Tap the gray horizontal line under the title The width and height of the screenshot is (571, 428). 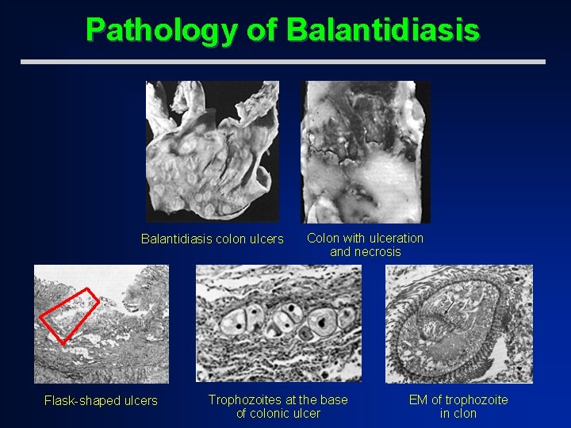282,61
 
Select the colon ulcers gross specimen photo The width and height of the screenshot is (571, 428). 213,151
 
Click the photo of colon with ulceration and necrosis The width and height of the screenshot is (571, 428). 365,151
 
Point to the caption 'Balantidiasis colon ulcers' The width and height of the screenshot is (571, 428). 212,239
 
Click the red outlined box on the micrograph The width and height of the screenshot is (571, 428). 69,315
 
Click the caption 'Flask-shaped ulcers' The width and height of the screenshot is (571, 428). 101,400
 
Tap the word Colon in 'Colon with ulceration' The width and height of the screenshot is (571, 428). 323,238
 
